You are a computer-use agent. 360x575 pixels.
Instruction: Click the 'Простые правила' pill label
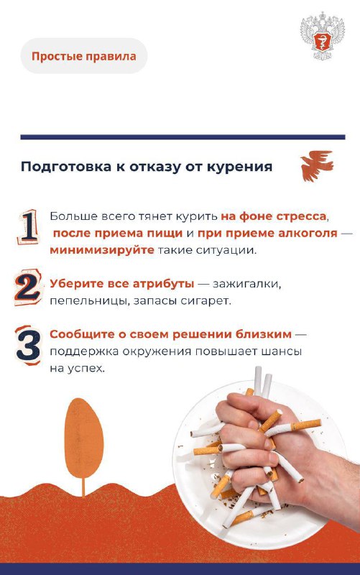83,56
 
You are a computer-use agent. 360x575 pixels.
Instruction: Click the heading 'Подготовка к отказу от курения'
146,167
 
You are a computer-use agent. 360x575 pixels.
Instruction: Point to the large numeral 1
28,226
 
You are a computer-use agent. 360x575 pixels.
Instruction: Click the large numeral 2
27,287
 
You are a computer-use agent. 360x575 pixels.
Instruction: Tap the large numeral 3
28,345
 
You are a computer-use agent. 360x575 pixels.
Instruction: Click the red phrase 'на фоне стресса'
274,216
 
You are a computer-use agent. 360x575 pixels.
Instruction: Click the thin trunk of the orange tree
83,485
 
